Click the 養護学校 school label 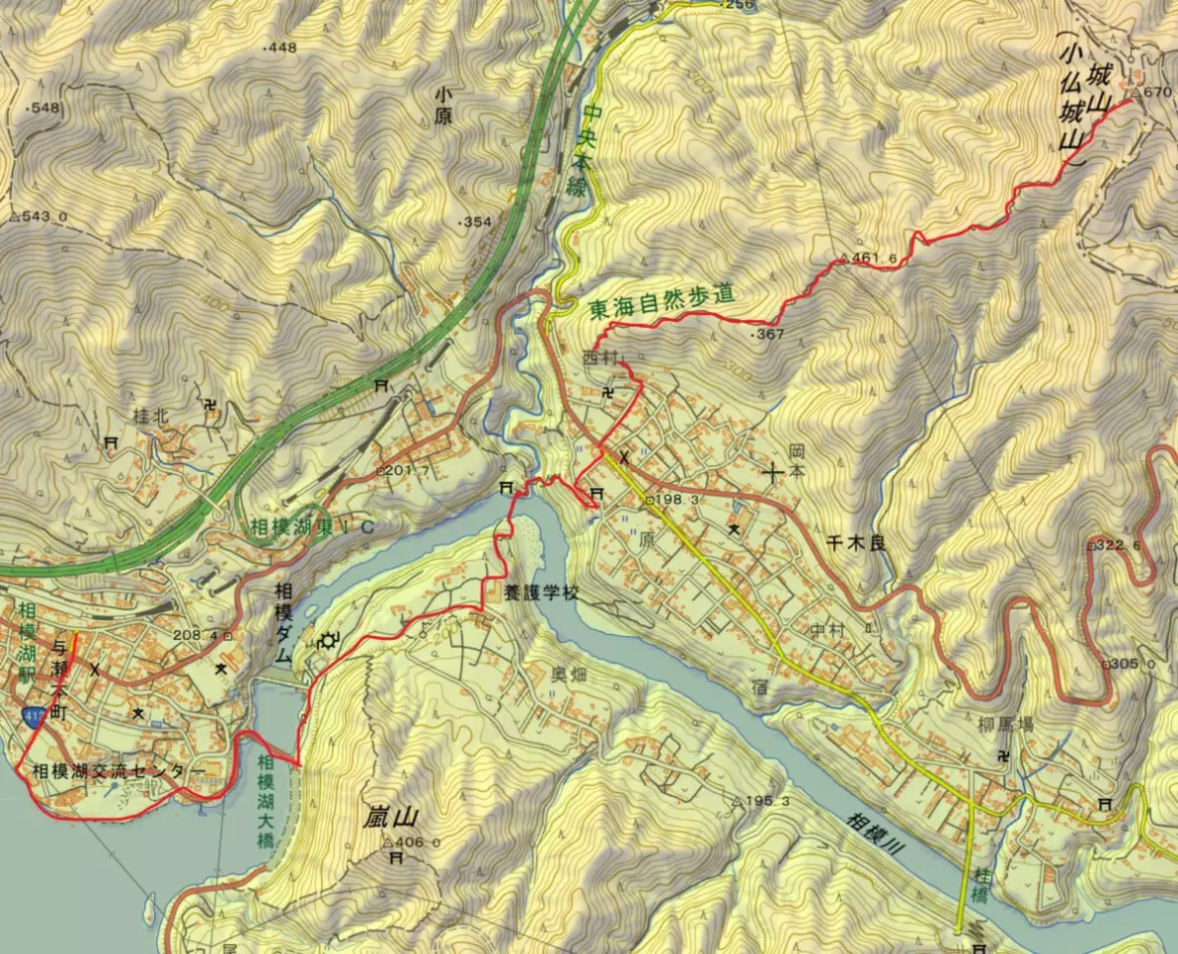[x=540, y=593]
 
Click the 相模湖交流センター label [x=118, y=771]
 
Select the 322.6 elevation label [x=1119, y=546]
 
